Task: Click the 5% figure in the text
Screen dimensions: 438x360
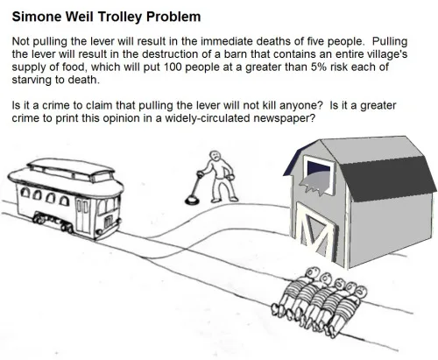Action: tap(316, 67)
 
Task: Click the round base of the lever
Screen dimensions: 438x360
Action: tap(192, 200)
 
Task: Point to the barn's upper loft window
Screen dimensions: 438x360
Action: tap(319, 175)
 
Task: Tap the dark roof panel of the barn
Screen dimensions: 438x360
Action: tap(388, 177)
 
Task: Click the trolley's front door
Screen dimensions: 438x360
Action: tap(82, 215)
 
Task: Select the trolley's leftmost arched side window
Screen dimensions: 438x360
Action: tap(25, 193)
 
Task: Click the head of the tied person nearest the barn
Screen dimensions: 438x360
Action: tap(311, 273)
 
